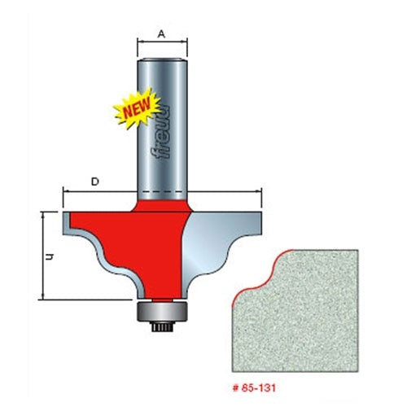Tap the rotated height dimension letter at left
click(x=50, y=256)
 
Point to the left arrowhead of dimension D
click(x=65, y=193)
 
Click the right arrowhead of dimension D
click(x=261, y=193)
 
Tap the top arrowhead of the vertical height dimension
click(x=41, y=213)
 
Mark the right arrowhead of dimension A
click(x=186, y=45)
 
